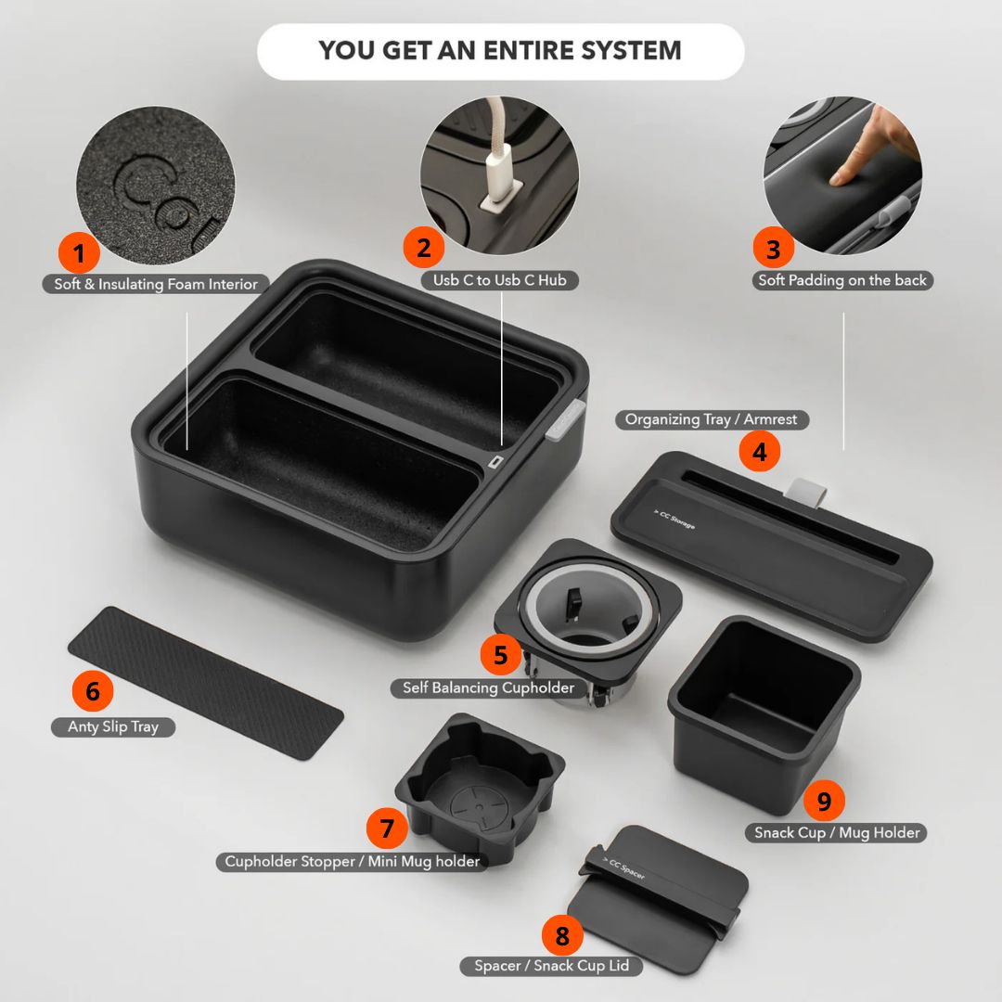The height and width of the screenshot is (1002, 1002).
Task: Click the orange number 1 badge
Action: (79, 253)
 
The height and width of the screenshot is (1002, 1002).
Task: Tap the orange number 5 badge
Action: (500, 654)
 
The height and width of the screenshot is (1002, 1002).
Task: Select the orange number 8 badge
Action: (561, 935)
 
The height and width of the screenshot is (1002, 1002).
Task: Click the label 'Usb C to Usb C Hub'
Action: (500, 280)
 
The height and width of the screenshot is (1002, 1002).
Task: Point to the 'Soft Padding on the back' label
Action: (842, 280)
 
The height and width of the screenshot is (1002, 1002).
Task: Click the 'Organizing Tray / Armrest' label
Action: (712, 419)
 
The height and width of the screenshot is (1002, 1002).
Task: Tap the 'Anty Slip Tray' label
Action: (113, 726)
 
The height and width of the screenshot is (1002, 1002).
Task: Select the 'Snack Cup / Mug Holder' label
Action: (837, 832)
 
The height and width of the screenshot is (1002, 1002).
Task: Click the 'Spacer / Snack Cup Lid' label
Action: (551, 965)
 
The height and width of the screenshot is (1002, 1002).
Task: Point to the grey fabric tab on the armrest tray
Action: (806, 492)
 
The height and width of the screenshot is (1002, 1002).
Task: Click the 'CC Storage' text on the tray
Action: (674, 520)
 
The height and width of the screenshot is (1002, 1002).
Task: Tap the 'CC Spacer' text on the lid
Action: (623, 868)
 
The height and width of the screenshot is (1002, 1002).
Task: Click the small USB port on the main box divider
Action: (495, 461)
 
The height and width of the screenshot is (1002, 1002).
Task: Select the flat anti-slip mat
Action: (206, 683)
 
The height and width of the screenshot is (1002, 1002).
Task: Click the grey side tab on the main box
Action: (566, 419)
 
